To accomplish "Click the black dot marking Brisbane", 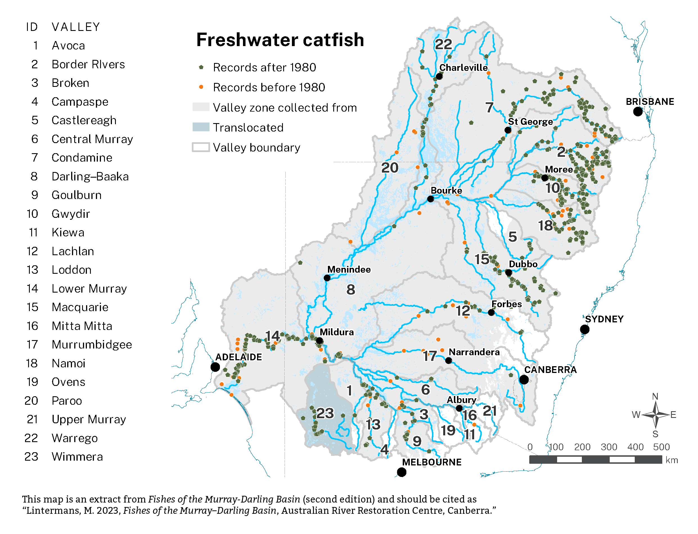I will pyautogui.click(x=637, y=112).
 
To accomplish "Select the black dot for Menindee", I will pyautogui.click(x=327, y=278).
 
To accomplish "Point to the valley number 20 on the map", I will pyautogui.click(x=389, y=168).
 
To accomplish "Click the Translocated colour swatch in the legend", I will pyautogui.click(x=201, y=127).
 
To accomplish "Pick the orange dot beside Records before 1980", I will pyautogui.click(x=201, y=87).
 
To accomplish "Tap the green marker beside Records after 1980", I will pyautogui.click(x=201, y=67).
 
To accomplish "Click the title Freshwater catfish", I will pyautogui.click(x=280, y=40).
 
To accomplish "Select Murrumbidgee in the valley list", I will pyautogui.click(x=92, y=345).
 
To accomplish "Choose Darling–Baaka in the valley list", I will pyautogui.click(x=90, y=177).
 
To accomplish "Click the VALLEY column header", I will pyautogui.click(x=76, y=27).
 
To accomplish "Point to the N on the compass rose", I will pyautogui.click(x=655, y=396).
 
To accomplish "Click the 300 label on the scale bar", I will pyautogui.click(x=608, y=447).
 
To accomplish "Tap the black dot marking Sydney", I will pyautogui.click(x=584, y=329).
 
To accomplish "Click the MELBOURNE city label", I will pyautogui.click(x=431, y=462).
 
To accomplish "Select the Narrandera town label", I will pyautogui.click(x=474, y=352).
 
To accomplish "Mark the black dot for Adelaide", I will pyautogui.click(x=215, y=367).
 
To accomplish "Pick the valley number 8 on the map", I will pyautogui.click(x=350, y=289).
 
